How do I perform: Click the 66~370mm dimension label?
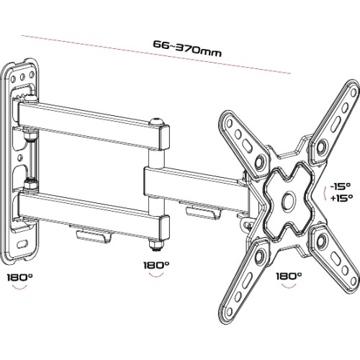click(187, 49)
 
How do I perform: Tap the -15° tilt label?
click(341, 186)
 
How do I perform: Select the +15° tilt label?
click(341, 198)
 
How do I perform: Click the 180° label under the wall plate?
click(19, 278)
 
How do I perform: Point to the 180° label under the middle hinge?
click(156, 265)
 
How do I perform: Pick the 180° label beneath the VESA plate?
click(289, 276)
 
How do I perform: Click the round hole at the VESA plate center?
click(289, 199)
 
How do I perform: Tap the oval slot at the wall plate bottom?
click(22, 244)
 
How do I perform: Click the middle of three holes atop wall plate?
click(22, 77)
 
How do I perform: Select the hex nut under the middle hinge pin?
click(156, 246)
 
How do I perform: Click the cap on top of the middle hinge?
click(156, 122)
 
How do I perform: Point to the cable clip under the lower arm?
click(94, 235)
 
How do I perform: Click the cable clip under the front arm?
click(203, 212)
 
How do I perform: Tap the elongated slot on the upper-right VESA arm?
click(337, 123)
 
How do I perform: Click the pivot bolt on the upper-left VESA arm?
click(260, 163)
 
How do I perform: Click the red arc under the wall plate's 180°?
click(19, 287)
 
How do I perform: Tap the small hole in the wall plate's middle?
click(21, 158)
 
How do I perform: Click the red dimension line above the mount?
click(156, 55)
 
